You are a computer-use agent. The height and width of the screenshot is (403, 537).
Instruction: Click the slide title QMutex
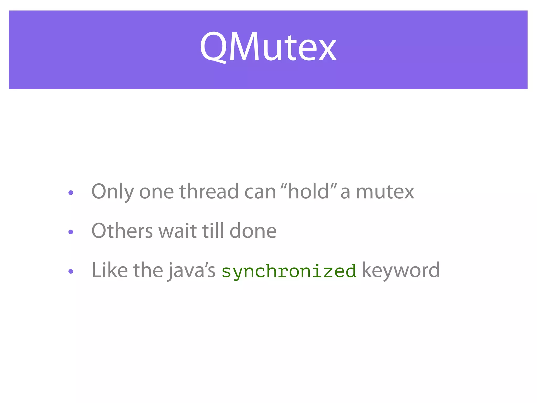(x=268, y=47)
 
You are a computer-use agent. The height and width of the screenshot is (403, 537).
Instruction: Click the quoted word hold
(x=308, y=191)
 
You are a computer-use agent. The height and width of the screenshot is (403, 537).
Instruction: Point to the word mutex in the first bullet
(x=385, y=192)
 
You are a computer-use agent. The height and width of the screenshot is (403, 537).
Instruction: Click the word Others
(x=122, y=231)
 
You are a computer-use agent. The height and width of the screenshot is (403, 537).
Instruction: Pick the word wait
(x=178, y=231)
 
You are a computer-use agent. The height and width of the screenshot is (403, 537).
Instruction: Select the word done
(x=253, y=231)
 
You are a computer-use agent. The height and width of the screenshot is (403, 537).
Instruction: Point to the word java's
(x=191, y=271)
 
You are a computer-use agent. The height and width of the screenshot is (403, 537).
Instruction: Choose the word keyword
(x=401, y=271)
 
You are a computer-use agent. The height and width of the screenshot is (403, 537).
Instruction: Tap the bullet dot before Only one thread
(x=71, y=193)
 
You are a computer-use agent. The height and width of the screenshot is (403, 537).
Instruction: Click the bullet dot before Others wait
(x=71, y=232)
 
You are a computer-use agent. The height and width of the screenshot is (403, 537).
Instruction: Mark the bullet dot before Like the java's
(x=71, y=271)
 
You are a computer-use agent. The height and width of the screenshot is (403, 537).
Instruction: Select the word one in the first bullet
(x=156, y=192)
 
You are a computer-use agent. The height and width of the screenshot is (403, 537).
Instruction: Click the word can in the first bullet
(x=260, y=192)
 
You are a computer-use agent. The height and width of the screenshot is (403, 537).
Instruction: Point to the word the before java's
(x=148, y=270)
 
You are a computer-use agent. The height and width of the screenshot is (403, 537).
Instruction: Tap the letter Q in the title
(x=213, y=47)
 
